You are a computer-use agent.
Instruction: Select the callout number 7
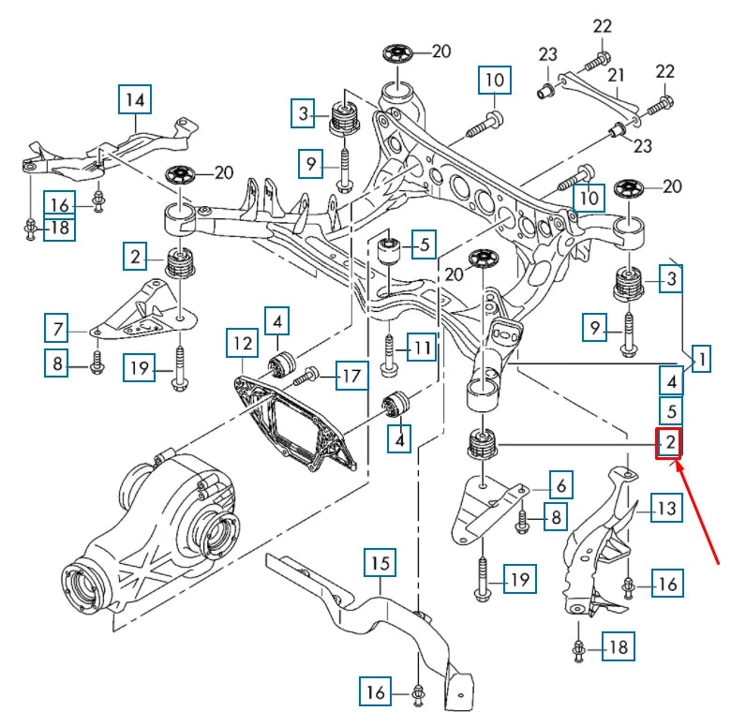pyautogui.click(x=57, y=329)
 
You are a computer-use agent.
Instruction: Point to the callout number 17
pyautogui.click(x=350, y=378)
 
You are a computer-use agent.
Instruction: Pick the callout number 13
pyautogui.click(x=664, y=510)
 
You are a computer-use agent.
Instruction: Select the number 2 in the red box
pyautogui.click(x=669, y=442)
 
